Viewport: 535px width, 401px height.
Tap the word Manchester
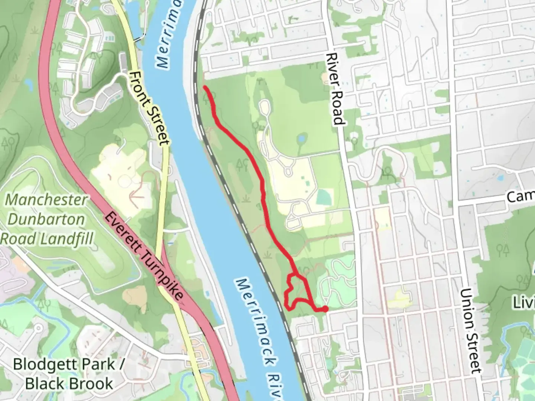(x=46, y=200)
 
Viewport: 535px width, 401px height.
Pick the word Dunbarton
(x=46, y=219)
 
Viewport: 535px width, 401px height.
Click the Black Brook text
(x=69, y=383)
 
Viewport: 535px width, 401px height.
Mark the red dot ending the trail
(x=325, y=309)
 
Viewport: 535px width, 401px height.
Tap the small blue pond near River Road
(x=301, y=140)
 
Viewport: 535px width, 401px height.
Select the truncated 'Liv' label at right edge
(x=524, y=302)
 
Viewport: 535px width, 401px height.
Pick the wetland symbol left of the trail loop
(x=267, y=255)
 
